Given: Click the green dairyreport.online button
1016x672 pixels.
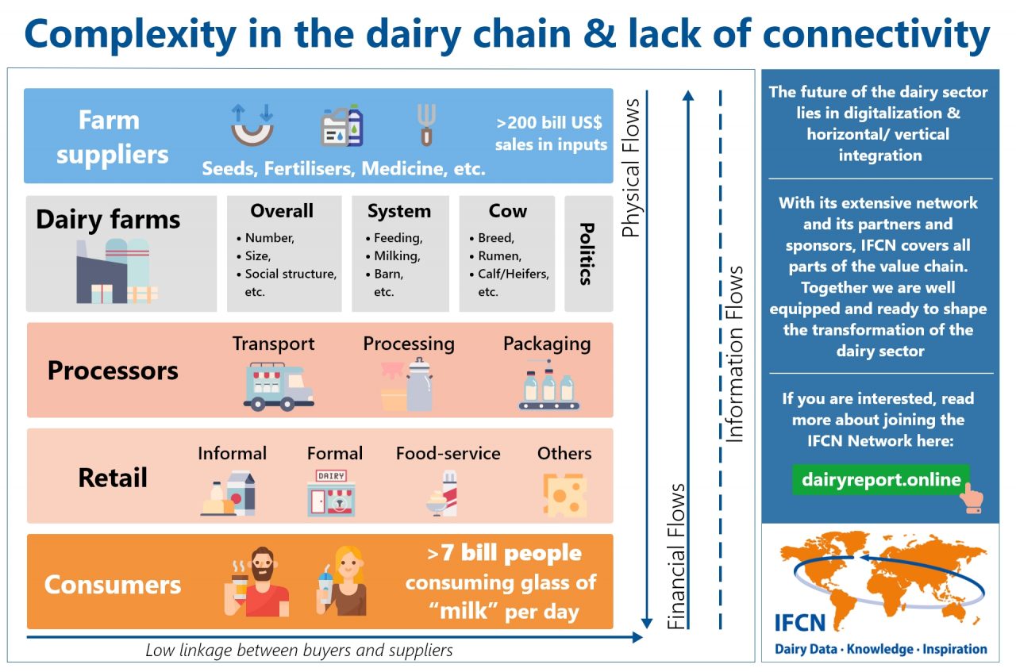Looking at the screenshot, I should tap(880, 480).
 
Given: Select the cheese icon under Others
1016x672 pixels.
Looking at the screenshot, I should tap(564, 494).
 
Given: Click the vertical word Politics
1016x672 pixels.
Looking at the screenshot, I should tap(588, 254).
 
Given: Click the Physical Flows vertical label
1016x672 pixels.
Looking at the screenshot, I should tap(630, 168).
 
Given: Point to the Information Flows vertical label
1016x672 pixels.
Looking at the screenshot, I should tap(736, 354).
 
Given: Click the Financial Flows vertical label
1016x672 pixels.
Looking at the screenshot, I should tap(675, 555).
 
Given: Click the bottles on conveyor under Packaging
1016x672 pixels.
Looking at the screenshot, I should tap(548, 388).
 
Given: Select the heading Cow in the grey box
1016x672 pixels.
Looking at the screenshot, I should tap(507, 211).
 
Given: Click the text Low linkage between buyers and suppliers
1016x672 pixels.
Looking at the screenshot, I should tap(299, 651).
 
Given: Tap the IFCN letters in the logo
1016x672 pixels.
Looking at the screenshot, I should tap(800, 622).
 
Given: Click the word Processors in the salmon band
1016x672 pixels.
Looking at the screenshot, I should tap(113, 371).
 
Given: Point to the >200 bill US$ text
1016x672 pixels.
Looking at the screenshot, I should tap(549, 123).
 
